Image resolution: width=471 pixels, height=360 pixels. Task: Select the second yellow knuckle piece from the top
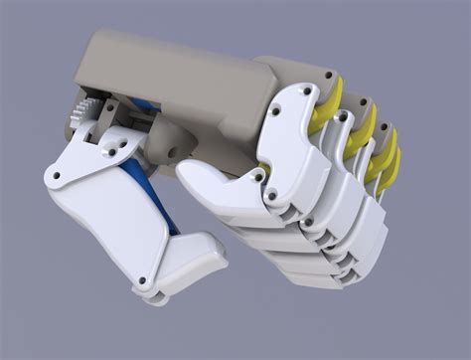[359, 123]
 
